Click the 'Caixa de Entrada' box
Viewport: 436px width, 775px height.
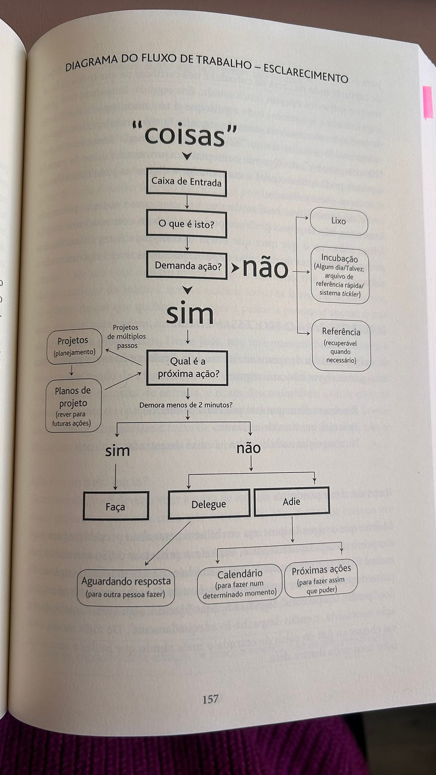click(x=186, y=182)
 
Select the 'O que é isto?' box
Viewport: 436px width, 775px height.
click(x=186, y=224)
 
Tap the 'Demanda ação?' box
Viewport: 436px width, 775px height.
click(x=187, y=266)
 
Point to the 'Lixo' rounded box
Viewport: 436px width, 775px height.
click(x=338, y=221)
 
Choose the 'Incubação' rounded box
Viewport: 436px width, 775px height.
click(x=339, y=276)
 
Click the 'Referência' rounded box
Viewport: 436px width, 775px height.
click(x=341, y=345)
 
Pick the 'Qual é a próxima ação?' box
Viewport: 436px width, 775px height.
click(x=187, y=367)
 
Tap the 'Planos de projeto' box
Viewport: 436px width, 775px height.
click(x=73, y=406)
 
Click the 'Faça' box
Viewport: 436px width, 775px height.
click(x=115, y=506)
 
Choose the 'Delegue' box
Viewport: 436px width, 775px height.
click(x=209, y=504)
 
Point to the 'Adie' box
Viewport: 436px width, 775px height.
click(x=292, y=501)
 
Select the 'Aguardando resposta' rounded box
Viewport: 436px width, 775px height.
click(x=126, y=587)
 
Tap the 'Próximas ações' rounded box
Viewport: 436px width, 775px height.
click(x=321, y=578)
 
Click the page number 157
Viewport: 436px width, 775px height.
click(x=210, y=699)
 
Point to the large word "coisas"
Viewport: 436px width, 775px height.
click(x=184, y=135)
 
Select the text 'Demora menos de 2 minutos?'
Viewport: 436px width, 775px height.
click(x=186, y=405)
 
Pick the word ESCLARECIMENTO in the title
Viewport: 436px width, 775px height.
click(x=305, y=73)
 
